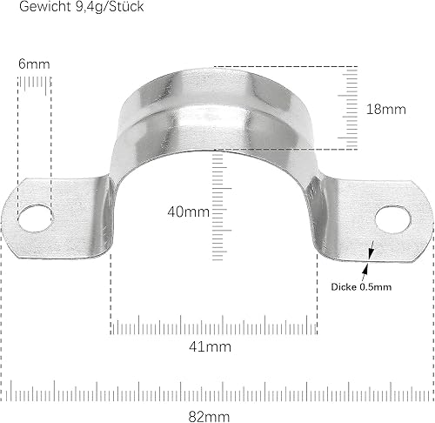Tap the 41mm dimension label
pos(213,347)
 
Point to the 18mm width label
pos(386,110)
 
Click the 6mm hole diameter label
pos(33,64)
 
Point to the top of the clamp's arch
pos(214,83)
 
